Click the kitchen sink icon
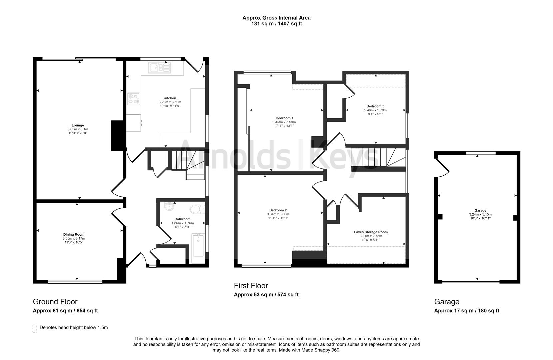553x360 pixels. pyautogui.click(x=160, y=68)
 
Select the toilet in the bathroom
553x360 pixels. pyautogui.click(x=197, y=209)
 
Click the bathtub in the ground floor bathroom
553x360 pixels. pyautogui.click(x=198, y=245)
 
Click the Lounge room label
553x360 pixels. pyautogui.click(x=78, y=125)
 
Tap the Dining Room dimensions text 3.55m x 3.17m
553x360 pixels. pyautogui.click(x=74, y=238)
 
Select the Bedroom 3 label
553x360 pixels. pyautogui.click(x=375, y=106)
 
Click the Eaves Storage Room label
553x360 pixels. pyautogui.click(x=371, y=232)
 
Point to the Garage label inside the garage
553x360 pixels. pyautogui.click(x=480, y=210)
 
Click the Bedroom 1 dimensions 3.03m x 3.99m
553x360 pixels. pyautogui.click(x=284, y=122)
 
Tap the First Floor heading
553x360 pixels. pyautogui.click(x=251, y=286)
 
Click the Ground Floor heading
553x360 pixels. pyautogui.click(x=55, y=302)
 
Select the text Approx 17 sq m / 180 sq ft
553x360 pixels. pyautogui.click(x=466, y=311)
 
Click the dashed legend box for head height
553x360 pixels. pyautogui.click(x=34, y=328)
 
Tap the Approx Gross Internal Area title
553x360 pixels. pyautogui.click(x=276, y=18)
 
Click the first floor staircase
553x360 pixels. pyautogui.click(x=376, y=158)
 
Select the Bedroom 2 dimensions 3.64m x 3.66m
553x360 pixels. pyautogui.click(x=278, y=214)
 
